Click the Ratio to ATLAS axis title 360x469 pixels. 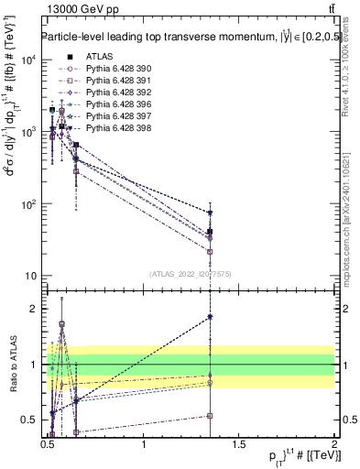(x=12, y=365)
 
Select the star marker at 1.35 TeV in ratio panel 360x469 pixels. (x=211, y=317)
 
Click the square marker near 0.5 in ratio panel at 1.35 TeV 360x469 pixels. (x=211, y=415)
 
